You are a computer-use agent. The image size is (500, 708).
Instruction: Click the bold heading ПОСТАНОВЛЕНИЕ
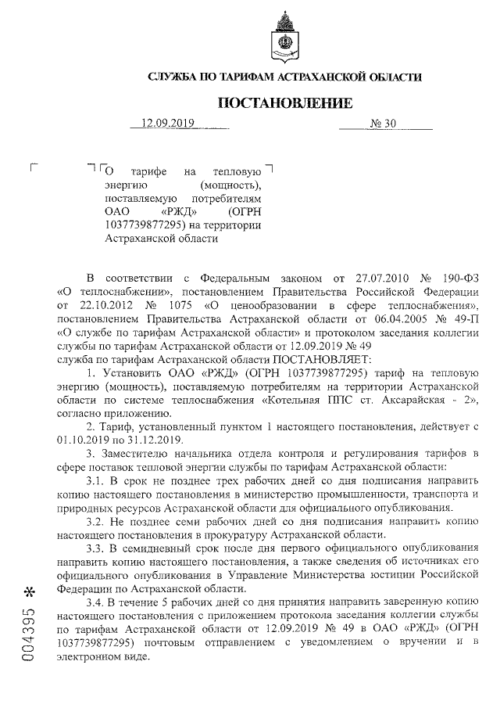284,102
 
